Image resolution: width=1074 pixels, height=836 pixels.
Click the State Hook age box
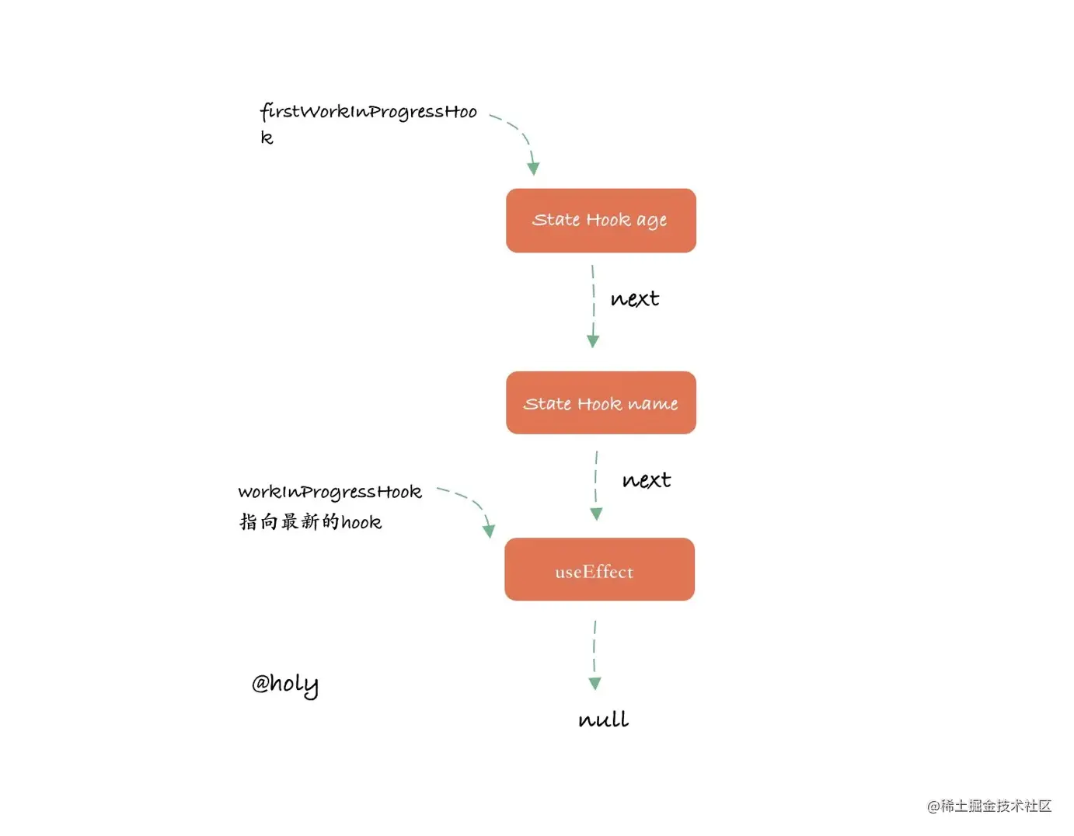click(601, 221)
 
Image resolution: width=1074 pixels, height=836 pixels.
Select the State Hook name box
click(601, 402)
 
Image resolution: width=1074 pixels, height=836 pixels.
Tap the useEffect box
click(599, 570)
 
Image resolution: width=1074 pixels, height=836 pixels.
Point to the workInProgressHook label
click(330, 492)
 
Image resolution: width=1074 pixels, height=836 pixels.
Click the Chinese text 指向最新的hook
click(310, 522)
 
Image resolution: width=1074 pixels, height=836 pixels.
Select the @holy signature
click(284, 685)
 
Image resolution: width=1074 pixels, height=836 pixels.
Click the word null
click(604, 719)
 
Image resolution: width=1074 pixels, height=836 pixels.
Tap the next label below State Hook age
click(635, 299)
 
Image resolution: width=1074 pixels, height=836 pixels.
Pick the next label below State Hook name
click(647, 479)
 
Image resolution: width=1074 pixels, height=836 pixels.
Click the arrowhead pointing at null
click(595, 684)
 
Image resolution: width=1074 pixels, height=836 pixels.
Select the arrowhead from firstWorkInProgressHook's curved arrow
click(533, 169)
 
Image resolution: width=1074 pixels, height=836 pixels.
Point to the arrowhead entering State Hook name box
click(593, 341)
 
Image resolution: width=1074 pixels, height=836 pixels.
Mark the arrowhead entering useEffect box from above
click(597, 514)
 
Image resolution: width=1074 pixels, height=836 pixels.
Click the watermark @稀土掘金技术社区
click(989, 806)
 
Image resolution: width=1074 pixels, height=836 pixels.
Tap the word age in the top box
click(651, 221)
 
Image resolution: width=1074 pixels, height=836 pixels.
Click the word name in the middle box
click(653, 404)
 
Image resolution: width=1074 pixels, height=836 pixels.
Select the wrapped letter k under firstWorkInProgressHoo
click(267, 138)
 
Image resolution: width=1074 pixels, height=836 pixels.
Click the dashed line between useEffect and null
click(595, 647)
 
